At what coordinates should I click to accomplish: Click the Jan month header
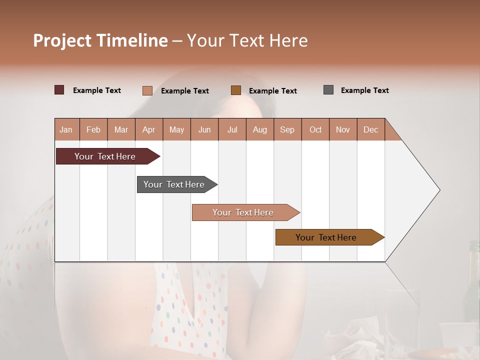[x=66, y=129]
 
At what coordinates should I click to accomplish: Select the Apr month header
[x=149, y=129]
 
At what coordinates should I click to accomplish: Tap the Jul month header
[x=232, y=129]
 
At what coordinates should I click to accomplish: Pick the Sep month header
[x=287, y=129]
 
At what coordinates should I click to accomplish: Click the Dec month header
[x=370, y=129]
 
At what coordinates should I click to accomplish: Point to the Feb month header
[x=93, y=129]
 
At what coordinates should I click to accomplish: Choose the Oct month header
[x=315, y=129]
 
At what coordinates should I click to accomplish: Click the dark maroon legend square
[x=59, y=90]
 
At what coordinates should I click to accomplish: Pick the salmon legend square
[x=147, y=90]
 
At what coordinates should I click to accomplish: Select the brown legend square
[x=236, y=90]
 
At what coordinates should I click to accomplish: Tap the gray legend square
[x=328, y=90]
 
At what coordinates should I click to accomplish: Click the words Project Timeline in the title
[x=100, y=40]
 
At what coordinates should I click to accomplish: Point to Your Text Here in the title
[x=247, y=40]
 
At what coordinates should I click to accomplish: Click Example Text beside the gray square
[x=364, y=90]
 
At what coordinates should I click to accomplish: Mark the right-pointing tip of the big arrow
[x=438, y=190]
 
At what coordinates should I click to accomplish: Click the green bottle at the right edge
[x=472, y=285]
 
